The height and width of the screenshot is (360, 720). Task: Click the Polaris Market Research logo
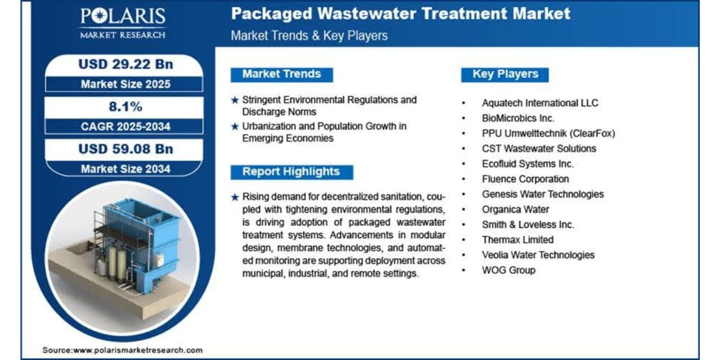click(123, 24)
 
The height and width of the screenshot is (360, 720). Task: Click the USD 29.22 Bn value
click(125, 64)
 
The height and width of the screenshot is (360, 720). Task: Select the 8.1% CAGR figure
click(125, 106)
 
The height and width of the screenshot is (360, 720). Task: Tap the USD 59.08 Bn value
click(125, 149)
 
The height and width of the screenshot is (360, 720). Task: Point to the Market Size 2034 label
click(125, 169)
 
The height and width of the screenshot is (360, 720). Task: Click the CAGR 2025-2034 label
click(125, 127)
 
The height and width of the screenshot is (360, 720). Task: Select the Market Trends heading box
click(282, 75)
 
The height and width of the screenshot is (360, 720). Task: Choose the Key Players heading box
click(505, 75)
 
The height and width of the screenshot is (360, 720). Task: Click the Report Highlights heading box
click(291, 172)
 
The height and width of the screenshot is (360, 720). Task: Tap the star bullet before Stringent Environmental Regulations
click(235, 100)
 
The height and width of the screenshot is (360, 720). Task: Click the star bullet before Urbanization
click(235, 127)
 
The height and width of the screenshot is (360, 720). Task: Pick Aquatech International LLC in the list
click(540, 103)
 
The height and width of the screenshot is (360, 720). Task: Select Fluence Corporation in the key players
click(525, 179)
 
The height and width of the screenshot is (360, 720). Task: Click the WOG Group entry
click(508, 270)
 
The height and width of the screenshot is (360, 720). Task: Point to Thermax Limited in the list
click(517, 240)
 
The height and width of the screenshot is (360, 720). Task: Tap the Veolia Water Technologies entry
click(538, 255)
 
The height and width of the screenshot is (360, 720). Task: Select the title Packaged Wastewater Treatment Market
click(400, 13)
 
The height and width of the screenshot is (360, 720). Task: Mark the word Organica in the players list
click(500, 210)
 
